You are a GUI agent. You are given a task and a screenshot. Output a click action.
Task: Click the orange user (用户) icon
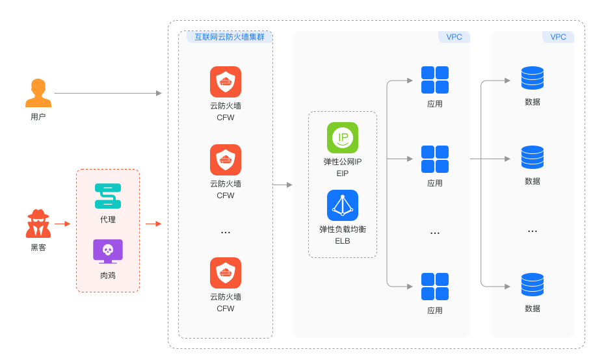[38, 93]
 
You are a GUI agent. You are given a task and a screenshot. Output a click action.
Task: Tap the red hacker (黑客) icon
[38, 224]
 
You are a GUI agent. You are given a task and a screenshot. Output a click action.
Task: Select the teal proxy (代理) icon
[108, 196]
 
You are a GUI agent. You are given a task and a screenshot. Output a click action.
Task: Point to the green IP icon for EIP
[343, 138]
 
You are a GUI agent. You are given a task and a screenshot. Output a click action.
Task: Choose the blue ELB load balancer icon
[343, 205]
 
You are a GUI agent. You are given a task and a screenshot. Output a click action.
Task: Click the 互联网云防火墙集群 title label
[230, 37]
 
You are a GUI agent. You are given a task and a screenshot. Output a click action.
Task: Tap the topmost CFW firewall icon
[226, 82]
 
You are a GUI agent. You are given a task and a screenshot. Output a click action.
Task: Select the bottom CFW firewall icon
[226, 273]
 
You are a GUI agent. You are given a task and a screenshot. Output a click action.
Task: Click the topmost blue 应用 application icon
[435, 80]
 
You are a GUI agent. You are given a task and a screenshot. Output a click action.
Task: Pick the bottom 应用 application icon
[435, 287]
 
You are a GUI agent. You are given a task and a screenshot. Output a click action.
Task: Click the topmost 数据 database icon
[533, 78]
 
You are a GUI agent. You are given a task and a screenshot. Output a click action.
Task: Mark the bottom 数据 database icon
[533, 285]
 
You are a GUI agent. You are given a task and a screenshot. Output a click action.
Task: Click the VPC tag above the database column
[558, 37]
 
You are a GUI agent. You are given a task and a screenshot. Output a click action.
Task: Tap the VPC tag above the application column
[454, 37]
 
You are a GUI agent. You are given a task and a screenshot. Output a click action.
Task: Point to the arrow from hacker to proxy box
[62, 224]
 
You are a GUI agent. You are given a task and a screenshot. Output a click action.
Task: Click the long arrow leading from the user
[107, 93]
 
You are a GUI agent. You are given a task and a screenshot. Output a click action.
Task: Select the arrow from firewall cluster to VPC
[282, 185]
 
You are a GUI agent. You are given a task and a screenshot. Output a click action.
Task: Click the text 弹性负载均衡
[343, 229]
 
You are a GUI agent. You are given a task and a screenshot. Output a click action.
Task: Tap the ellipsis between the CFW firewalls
[226, 233]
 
